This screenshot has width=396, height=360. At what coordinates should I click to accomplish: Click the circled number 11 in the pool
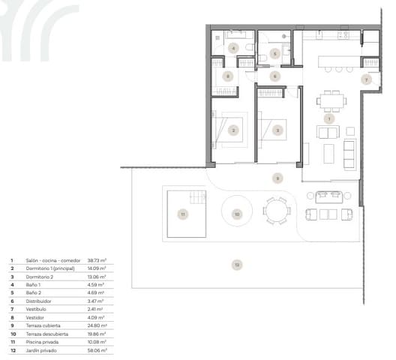click(x=181, y=214)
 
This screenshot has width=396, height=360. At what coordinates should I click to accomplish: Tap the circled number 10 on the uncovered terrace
click(x=237, y=214)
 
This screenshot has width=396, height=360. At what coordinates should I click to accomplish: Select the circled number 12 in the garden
click(x=236, y=263)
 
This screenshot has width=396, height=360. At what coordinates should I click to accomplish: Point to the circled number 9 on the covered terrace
click(x=277, y=178)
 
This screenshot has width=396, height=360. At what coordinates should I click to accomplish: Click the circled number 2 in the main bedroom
click(x=233, y=130)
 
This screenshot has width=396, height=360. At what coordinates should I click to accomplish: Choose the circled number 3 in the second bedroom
click(x=277, y=130)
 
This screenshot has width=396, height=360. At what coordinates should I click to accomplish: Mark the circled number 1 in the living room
click(x=328, y=118)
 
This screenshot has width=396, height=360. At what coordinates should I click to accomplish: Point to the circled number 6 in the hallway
click(x=274, y=76)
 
